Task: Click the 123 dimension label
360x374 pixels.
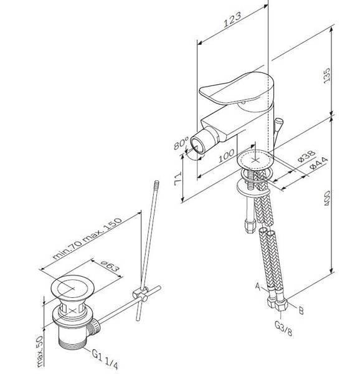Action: pos(232,19)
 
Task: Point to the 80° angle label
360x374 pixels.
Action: pos(181,143)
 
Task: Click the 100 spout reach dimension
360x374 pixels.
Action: pos(226,155)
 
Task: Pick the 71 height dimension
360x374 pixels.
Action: pos(178,179)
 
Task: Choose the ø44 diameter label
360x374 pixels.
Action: pos(319,163)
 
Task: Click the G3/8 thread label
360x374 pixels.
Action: pos(283,328)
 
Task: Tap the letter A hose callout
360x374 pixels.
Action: pos(258,285)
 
